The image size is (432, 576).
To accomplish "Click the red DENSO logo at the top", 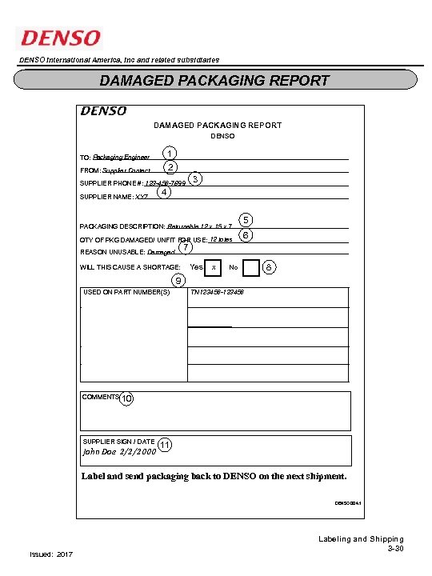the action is (x=61, y=38).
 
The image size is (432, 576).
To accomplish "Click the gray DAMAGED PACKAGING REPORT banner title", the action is (x=214, y=80).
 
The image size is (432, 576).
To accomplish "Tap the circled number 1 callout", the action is (x=169, y=153).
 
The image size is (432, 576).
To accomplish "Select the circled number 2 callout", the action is (x=170, y=167).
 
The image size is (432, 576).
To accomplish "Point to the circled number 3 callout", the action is (x=196, y=178).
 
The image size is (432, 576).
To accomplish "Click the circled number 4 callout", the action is (x=163, y=192).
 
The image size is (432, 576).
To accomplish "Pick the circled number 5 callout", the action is (x=246, y=220).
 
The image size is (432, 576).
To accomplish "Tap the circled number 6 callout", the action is (x=246, y=235).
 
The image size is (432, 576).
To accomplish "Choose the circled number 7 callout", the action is (x=186, y=248).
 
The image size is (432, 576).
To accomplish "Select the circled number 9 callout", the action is (x=179, y=280).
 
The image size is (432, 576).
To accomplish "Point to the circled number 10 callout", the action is (x=127, y=398).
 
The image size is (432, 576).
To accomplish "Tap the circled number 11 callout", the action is (x=165, y=445).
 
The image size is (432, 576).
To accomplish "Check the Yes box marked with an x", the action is (x=214, y=267).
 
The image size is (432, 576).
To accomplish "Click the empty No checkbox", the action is (x=251, y=267).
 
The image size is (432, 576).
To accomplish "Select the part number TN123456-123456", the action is (x=217, y=293).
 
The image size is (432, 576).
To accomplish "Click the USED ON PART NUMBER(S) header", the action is (x=127, y=293).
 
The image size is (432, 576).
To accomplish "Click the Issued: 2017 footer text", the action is (x=50, y=554).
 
